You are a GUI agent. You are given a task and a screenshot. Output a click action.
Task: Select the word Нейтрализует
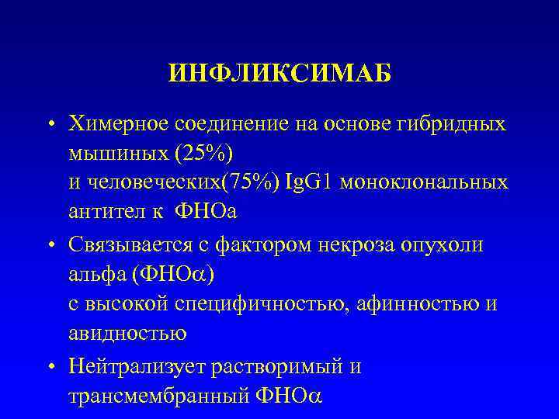133,365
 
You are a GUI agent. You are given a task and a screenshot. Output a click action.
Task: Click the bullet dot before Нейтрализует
50,366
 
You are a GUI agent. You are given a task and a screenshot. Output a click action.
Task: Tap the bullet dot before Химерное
50,124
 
